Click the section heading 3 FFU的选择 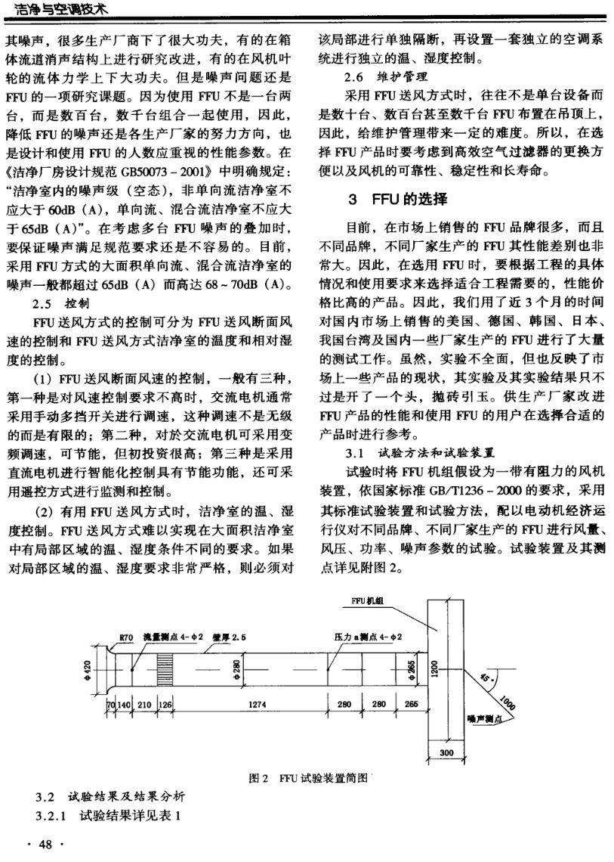397,200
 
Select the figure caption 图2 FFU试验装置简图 307,777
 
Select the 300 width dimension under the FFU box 446,753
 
